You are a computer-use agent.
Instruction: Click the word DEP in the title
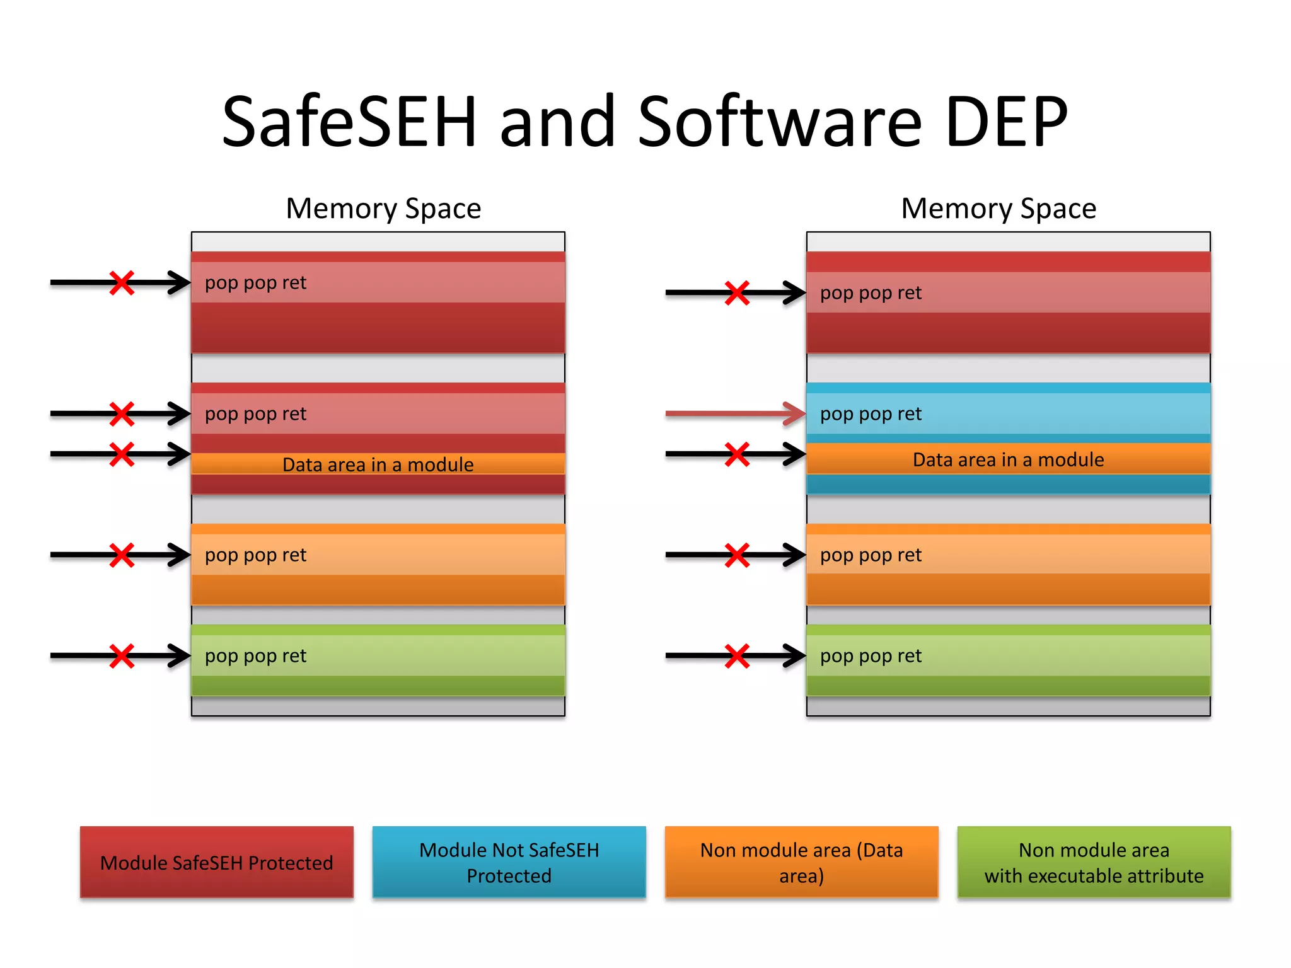(x=1006, y=121)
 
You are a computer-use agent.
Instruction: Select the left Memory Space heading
(x=383, y=209)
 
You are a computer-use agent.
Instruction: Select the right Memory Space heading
(x=999, y=209)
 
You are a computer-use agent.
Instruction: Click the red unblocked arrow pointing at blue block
(x=731, y=414)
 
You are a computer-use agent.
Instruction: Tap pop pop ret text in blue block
(x=871, y=414)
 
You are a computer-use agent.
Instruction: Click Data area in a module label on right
(x=1008, y=459)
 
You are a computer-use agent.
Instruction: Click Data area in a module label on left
(x=378, y=464)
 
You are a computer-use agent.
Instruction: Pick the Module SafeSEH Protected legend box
(x=216, y=862)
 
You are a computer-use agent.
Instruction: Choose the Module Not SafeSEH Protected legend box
(x=509, y=862)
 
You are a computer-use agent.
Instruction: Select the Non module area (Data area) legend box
(x=801, y=862)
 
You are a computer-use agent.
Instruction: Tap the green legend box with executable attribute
(x=1094, y=862)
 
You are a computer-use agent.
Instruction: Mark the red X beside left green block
(x=122, y=655)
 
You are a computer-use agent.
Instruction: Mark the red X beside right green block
(x=737, y=655)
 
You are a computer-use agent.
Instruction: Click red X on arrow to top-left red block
(x=122, y=283)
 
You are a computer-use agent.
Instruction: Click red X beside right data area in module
(x=737, y=454)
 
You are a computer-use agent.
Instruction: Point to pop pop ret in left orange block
(x=255, y=555)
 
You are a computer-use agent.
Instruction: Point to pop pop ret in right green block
(x=871, y=656)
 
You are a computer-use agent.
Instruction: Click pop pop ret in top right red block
(x=871, y=293)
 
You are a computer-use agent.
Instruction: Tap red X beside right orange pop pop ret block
(x=737, y=555)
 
